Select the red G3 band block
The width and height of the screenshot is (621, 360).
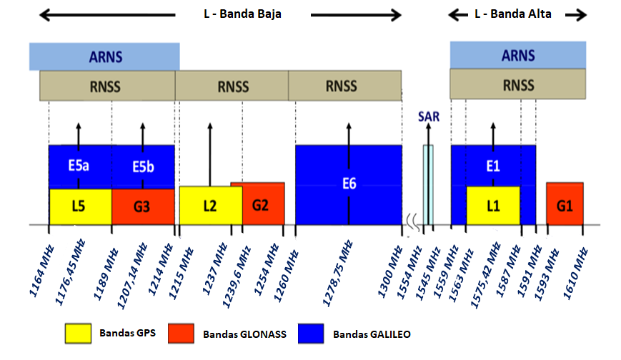click(x=143, y=206)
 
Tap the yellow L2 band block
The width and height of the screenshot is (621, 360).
click(x=211, y=206)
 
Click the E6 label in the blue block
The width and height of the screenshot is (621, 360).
click(x=349, y=184)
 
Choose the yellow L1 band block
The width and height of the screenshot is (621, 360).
click(x=493, y=206)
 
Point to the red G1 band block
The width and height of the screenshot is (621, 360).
click(x=565, y=204)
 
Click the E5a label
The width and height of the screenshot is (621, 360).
click(x=79, y=166)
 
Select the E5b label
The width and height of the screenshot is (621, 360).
click(x=143, y=166)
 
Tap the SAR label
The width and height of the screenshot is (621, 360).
click(x=429, y=116)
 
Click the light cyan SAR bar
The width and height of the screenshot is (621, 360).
click(x=428, y=185)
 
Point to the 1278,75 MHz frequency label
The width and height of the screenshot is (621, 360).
click(x=337, y=273)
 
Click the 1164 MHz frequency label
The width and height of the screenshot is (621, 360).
click(x=41, y=271)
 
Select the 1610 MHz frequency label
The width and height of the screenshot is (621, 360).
click(x=575, y=274)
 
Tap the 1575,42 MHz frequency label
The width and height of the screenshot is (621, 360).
click(x=485, y=275)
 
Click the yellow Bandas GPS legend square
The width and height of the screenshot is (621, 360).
click(x=78, y=333)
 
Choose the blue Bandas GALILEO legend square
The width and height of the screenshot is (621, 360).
click(x=311, y=333)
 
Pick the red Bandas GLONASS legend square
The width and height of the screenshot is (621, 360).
click(x=181, y=333)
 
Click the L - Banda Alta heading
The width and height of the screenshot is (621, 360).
click(x=513, y=14)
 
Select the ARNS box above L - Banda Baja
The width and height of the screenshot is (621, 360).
click(x=104, y=56)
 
